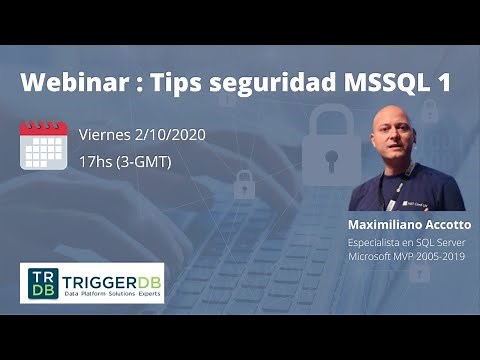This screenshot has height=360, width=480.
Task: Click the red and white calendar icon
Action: click(x=44, y=145)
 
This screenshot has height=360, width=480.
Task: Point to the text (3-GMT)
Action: click(x=145, y=159)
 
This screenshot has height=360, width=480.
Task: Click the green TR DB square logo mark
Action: click(x=40, y=282)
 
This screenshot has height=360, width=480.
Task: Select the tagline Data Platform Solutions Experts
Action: click(x=111, y=293)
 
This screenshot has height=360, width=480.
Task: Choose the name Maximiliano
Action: click(x=382, y=224)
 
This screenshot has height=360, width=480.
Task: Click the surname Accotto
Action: click(x=444, y=224)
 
